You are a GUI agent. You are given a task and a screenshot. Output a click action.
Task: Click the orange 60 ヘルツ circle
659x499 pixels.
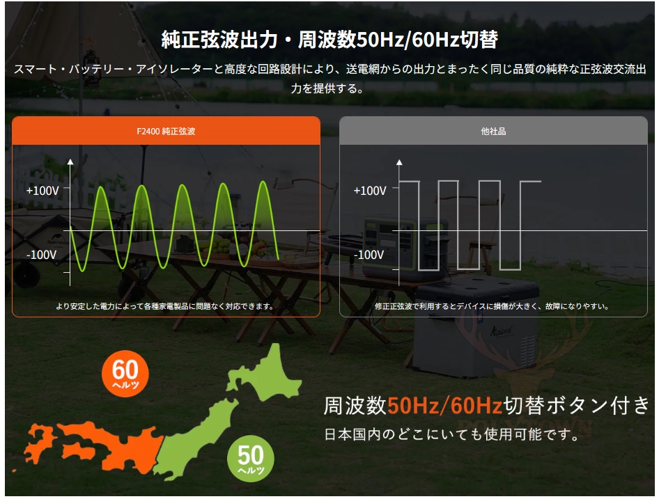click(x=125, y=374)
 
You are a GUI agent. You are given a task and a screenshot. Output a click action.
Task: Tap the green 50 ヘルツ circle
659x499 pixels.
click(x=251, y=458)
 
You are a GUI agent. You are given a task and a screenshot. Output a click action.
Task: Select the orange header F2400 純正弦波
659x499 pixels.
click(x=166, y=131)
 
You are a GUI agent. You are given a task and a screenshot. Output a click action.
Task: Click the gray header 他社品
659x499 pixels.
click(x=493, y=131)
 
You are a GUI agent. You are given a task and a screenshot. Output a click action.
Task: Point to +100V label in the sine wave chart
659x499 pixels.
click(x=42, y=191)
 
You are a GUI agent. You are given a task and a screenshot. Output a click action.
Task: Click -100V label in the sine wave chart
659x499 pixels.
click(x=41, y=255)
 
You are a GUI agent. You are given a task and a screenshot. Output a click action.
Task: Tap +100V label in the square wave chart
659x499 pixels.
click(x=370, y=191)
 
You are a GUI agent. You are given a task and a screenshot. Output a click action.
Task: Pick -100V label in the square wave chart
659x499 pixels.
click(x=369, y=255)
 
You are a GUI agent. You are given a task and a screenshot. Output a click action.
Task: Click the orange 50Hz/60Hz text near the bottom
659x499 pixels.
click(x=444, y=405)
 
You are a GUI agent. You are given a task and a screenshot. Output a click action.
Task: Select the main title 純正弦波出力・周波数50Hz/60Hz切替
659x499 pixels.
click(x=329, y=40)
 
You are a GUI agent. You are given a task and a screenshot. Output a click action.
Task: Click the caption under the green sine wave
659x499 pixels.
click(x=165, y=306)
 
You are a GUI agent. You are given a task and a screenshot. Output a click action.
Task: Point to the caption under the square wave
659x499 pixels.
click(x=492, y=306)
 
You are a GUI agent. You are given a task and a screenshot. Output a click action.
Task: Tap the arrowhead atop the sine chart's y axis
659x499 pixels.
click(x=70, y=161)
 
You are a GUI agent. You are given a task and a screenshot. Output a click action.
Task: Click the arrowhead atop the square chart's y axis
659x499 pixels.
click(x=399, y=161)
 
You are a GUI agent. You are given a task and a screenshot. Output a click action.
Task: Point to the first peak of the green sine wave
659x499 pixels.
click(x=101, y=187)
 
